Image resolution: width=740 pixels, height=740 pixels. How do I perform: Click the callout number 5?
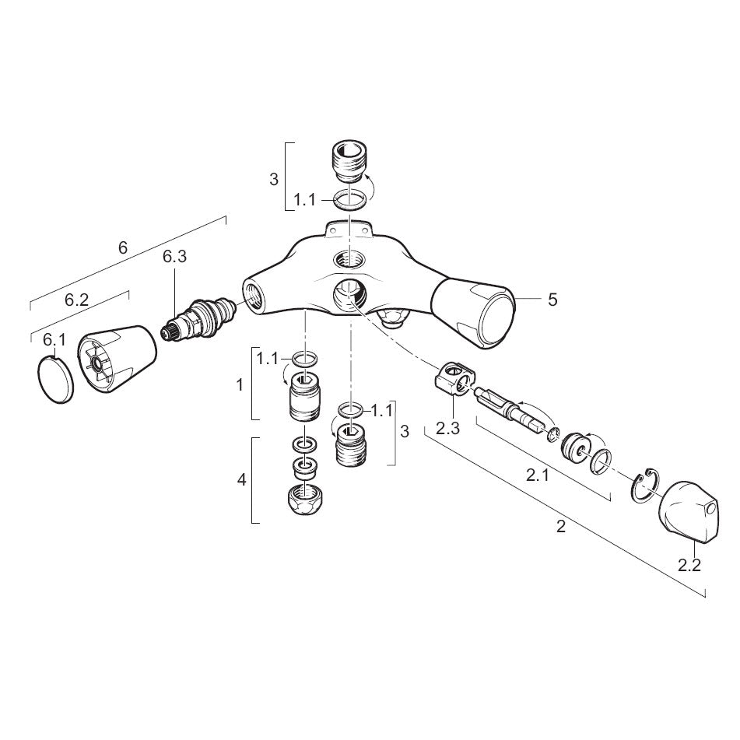552,300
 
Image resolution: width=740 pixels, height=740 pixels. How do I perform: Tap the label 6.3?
174,257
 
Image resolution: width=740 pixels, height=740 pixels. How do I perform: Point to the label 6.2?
76,300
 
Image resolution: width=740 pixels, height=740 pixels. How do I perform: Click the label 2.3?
447,429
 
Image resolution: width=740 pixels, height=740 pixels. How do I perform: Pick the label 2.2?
689,565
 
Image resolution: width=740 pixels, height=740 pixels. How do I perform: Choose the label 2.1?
538,475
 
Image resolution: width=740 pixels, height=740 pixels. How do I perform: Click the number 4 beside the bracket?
242,480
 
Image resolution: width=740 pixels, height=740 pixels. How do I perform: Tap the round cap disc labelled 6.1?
54,380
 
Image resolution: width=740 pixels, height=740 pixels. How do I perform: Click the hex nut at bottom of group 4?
303,503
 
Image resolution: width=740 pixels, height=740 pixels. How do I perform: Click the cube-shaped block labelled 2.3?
454,378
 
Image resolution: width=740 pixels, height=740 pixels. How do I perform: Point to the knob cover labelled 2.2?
689,512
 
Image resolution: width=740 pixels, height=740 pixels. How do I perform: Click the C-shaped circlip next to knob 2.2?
643,486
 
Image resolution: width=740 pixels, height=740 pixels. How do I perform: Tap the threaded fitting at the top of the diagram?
349,163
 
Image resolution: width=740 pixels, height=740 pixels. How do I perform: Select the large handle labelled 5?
474,314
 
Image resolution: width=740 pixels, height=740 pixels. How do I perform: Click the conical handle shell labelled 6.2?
117,359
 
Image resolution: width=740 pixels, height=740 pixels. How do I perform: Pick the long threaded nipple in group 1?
304,396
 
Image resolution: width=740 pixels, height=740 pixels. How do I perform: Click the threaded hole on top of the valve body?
349,259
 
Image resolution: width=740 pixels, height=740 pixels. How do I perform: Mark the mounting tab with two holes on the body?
349,229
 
